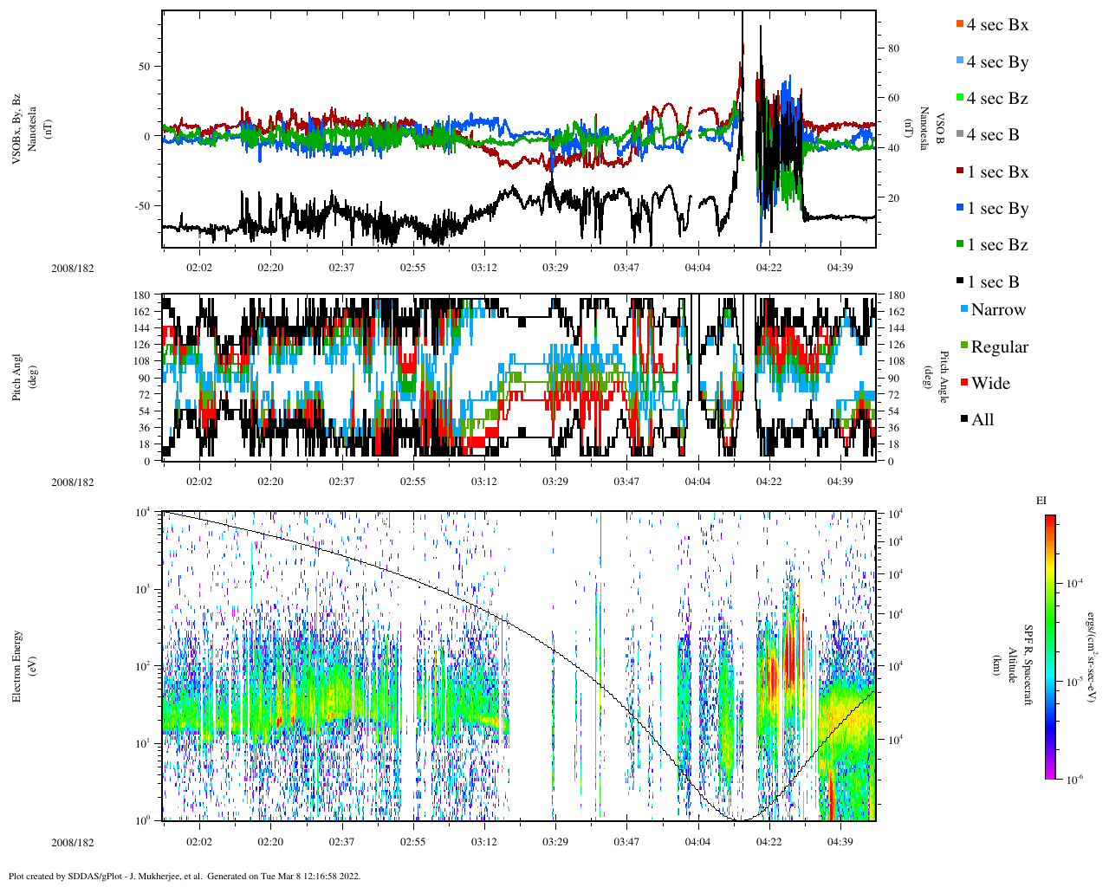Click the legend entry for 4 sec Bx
click(996, 25)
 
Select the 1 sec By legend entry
click(996, 209)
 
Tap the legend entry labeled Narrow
click(997, 310)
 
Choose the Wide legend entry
click(989, 384)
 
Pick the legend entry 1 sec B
click(992, 282)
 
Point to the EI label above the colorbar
click(1041, 501)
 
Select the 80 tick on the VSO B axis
click(893, 49)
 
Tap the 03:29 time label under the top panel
click(555, 268)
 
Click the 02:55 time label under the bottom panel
click(412, 842)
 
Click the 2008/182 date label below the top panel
click(73, 269)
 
